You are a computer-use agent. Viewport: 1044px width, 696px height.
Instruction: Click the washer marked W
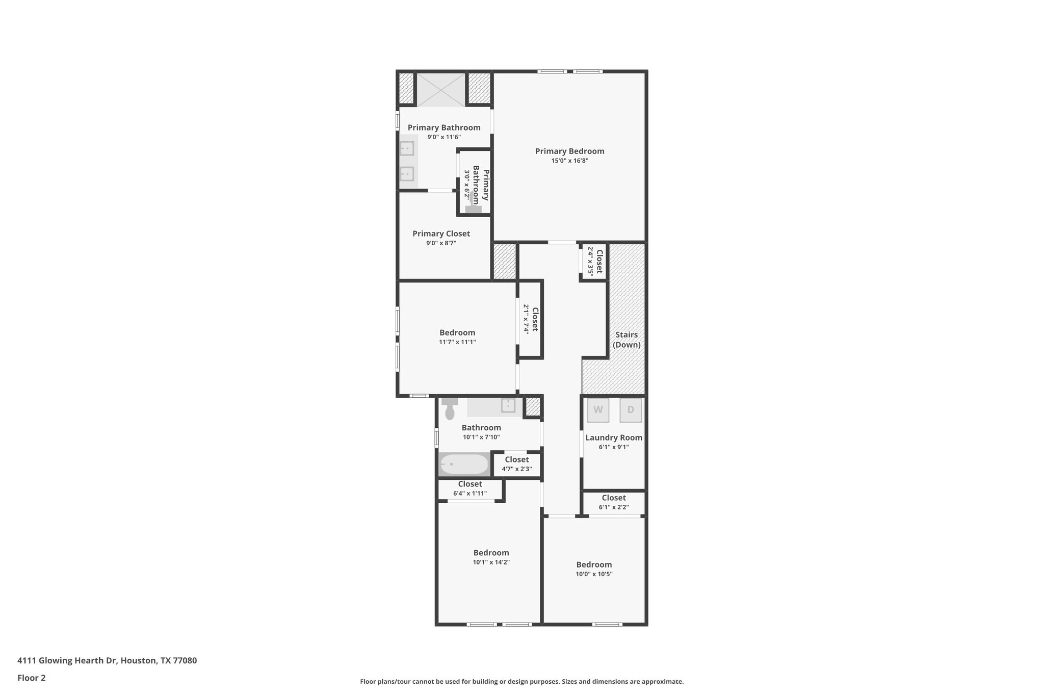598,410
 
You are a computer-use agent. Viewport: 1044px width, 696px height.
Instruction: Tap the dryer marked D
631,410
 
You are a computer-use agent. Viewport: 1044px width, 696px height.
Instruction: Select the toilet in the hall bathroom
450,410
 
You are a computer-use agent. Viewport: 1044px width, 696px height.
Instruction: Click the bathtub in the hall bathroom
464,464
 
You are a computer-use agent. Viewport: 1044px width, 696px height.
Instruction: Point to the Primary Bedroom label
569,151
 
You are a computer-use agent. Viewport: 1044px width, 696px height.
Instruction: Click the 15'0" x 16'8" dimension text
569,161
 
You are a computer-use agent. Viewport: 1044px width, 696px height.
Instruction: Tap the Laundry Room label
614,437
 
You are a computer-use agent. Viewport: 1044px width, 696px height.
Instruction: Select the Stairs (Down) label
627,340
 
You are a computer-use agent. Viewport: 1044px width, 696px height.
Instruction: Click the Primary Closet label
441,234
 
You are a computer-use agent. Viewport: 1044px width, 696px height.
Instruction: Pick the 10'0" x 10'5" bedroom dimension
594,574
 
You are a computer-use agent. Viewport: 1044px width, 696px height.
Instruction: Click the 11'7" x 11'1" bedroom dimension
457,342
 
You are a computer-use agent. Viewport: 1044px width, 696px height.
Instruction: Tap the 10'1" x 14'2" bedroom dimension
491,562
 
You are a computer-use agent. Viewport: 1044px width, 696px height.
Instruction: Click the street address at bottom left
107,660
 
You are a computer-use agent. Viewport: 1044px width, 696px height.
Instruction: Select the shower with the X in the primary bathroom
441,90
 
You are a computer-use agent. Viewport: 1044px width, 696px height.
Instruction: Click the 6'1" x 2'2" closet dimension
614,507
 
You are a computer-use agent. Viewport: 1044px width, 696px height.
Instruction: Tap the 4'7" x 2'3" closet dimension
517,469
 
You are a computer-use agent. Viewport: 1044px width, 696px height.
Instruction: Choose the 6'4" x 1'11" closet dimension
470,494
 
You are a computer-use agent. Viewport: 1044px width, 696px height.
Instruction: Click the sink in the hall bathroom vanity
508,406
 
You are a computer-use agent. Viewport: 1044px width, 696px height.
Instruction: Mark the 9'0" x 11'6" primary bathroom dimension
444,137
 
